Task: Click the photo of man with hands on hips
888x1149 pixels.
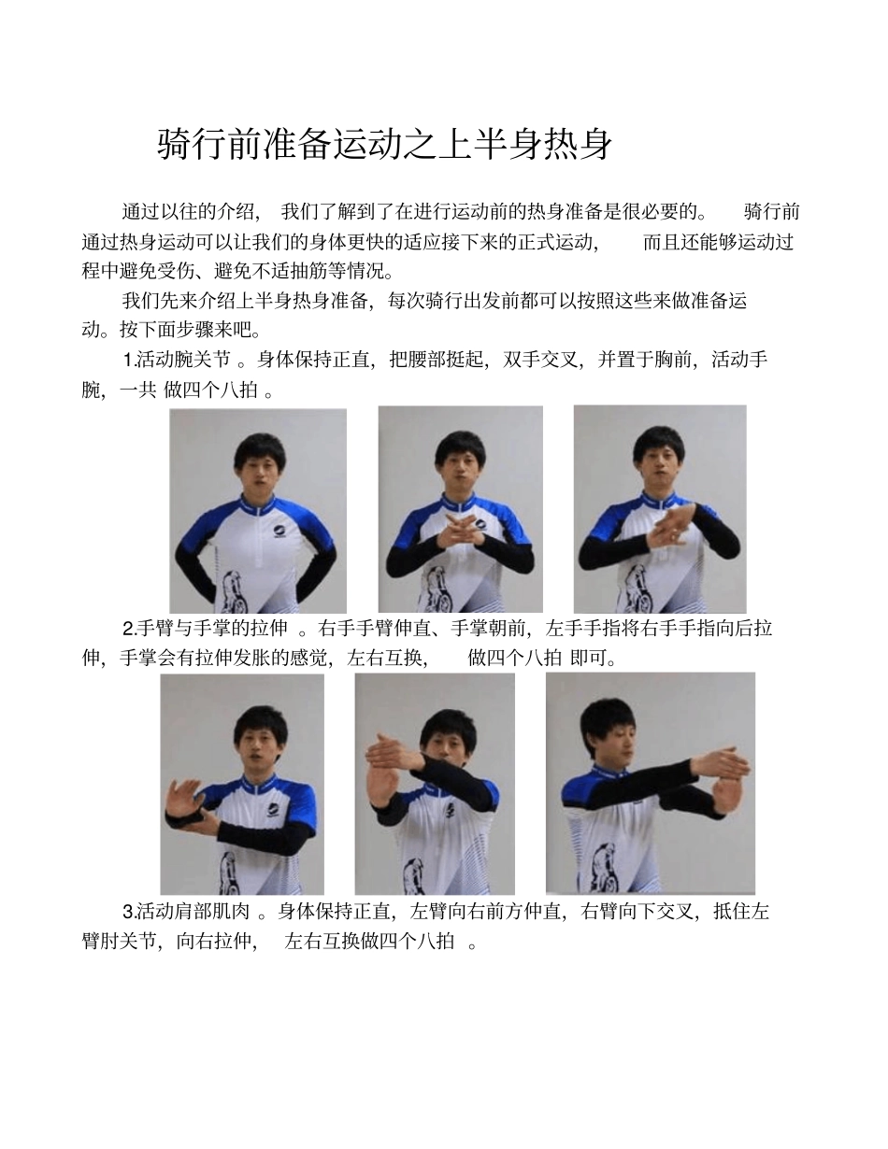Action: pyautogui.click(x=258, y=511)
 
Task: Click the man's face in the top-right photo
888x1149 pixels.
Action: pyautogui.click(x=660, y=459)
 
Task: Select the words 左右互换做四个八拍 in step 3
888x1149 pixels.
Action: pyautogui.click(x=369, y=942)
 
